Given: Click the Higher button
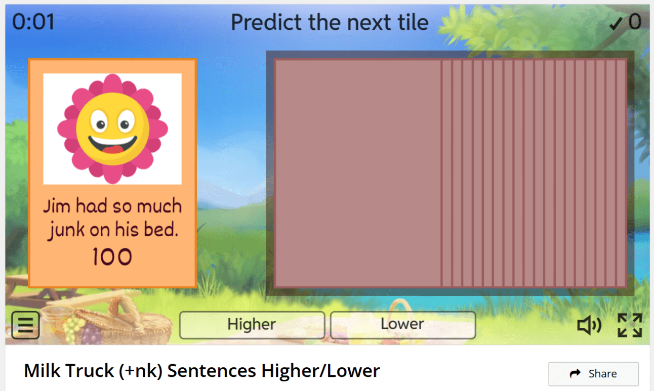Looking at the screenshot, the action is (x=252, y=325).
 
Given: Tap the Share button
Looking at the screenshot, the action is (x=593, y=374).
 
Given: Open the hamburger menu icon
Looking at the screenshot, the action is (x=25, y=325).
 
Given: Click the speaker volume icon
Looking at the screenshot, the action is (x=589, y=325).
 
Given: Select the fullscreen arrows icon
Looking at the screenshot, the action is (x=630, y=325).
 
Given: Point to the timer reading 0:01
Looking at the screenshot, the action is (x=33, y=22).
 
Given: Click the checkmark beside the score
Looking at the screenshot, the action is (x=616, y=23).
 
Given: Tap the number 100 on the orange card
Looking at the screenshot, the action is (x=112, y=257).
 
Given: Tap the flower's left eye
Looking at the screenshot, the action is (x=100, y=122).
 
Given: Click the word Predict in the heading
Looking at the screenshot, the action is (x=266, y=22).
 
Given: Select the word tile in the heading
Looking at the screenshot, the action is (x=413, y=22).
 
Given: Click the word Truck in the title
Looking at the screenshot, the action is (x=90, y=371).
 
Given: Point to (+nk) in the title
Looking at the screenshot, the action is (x=140, y=371).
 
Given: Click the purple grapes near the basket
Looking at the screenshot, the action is (x=92, y=333).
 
